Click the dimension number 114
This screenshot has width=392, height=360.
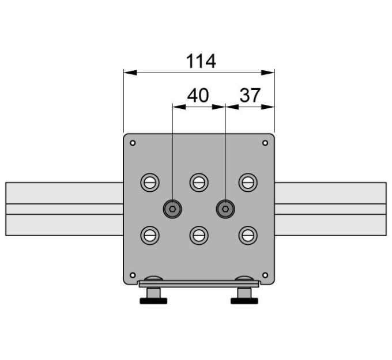point(201,61)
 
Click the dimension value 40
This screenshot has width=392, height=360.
point(198,96)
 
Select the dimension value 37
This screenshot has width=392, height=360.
point(250,96)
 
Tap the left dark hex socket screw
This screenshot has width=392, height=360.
point(172,209)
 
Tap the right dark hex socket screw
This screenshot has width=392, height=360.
point(225,209)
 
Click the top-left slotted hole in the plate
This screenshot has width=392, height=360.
point(150,183)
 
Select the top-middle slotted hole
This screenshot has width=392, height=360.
point(199,183)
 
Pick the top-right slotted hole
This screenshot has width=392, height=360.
point(248,183)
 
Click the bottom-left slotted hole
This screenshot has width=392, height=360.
point(150,236)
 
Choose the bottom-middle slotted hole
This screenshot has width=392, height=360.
point(199,236)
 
